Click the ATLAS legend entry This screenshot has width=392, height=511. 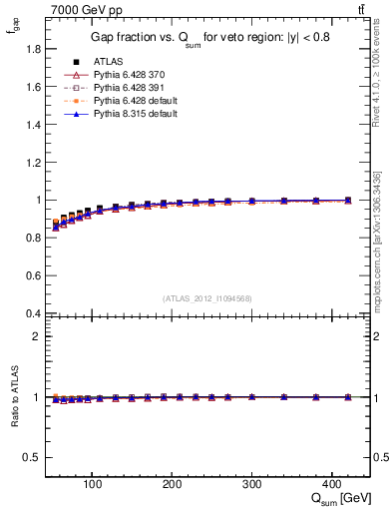[107, 62]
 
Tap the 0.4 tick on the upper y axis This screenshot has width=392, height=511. [33, 313]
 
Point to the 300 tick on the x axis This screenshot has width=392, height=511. [251, 484]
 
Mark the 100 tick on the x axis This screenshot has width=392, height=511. [92, 484]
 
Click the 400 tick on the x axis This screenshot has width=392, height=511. [331, 484]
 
